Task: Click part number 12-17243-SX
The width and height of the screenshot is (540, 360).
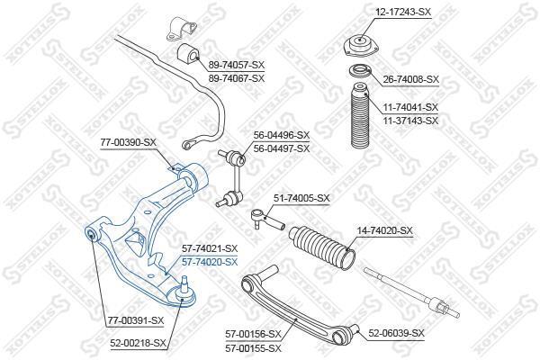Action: (x=403, y=12)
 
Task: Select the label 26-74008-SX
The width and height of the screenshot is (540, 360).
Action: (x=411, y=79)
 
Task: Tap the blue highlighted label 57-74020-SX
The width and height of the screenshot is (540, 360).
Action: (x=210, y=263)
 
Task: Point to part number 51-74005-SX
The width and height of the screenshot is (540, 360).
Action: (x=301, y=198)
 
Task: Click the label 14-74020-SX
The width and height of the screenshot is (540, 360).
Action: (x=384, y=230)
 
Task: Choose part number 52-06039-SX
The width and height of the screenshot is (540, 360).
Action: (x=396, y=333)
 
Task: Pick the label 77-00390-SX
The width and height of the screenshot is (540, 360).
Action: (x=129, y=142)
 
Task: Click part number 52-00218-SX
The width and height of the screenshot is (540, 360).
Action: (x=138, y=343)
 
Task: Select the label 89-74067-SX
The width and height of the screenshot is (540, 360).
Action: (x=237, y=78)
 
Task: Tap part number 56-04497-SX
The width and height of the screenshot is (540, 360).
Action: (x=282, y=148)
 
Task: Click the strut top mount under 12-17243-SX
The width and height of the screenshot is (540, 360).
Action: (x=360, y=46)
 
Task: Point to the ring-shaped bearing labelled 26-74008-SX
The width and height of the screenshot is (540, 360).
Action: (x=360, y=72)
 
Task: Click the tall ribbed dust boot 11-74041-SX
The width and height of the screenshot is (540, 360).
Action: (x=360, y=116)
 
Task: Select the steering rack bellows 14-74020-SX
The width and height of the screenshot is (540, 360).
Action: (x=323, y=247)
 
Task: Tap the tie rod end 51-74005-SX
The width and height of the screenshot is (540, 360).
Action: (x=267, y=219)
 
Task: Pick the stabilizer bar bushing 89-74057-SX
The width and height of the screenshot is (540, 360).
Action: (x=188, y=53)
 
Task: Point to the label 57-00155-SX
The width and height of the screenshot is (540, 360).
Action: (x=254, y=348)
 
